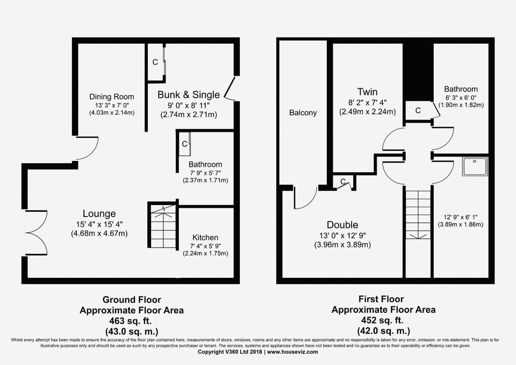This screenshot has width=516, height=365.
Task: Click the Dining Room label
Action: [x=112, y=97]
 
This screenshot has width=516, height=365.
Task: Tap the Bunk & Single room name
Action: [x=188, y=95]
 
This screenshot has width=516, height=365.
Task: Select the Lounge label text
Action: [x=99, y=214]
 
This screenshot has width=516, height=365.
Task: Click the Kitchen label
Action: [x=205, y=237]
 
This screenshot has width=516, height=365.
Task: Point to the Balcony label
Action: [x=303, y=113]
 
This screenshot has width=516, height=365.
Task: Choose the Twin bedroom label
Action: [x=368, y=92]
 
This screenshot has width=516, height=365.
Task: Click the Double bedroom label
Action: [x=342, y=225]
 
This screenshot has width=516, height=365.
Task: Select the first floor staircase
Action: [x=418, y=214]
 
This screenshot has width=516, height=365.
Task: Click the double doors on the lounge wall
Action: [x=35, y=233]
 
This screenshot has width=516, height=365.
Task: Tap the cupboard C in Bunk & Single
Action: [x=155, y=62]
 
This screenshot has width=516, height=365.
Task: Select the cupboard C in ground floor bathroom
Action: [x=184, y=144]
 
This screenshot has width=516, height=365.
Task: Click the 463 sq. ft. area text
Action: [x=132, y=320]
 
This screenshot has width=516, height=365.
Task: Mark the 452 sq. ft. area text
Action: [x=383, y=320]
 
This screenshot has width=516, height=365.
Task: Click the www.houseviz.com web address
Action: [x=292, y=352]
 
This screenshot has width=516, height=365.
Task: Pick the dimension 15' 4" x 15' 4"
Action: [x=99, y=224]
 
